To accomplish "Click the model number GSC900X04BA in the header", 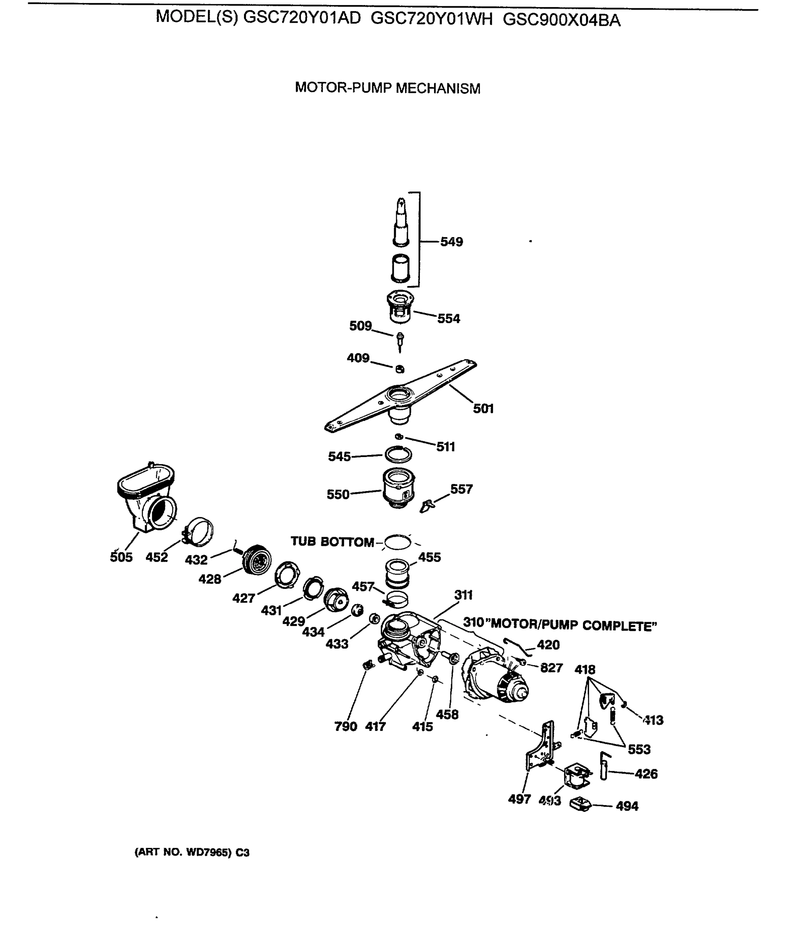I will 561,20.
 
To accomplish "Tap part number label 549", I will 452,242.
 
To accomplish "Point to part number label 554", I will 448,319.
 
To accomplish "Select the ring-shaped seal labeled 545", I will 398,454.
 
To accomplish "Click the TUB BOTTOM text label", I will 332,542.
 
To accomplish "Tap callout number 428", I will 210,579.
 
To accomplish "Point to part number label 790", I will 346,727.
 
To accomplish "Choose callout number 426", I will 646,774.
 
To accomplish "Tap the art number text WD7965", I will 208,853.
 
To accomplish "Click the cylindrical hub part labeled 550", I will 398,488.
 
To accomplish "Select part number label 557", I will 461,489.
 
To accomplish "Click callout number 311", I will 463,595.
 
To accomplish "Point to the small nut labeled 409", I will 400,369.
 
